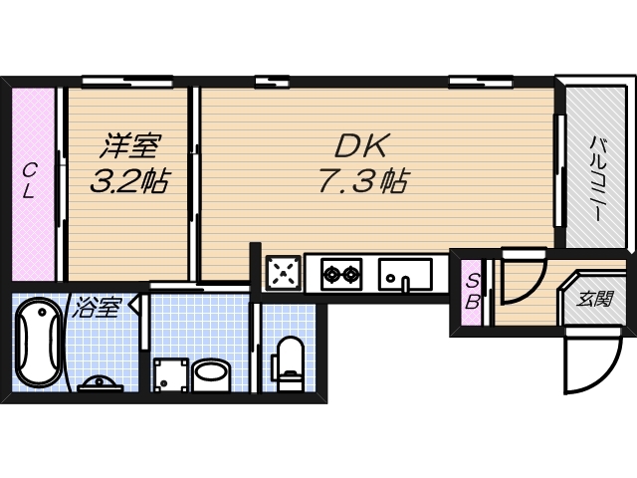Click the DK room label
coord(360,145)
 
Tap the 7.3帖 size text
coord(361,181)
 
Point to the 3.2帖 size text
coord(128,181)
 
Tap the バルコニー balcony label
coord(597,179)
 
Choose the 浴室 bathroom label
coord(96,307)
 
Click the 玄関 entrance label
coord(594,299)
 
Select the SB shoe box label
coord(474,291)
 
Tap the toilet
coord(290,362)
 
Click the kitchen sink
coord(405,272)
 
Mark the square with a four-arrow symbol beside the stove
coord(284,272)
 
